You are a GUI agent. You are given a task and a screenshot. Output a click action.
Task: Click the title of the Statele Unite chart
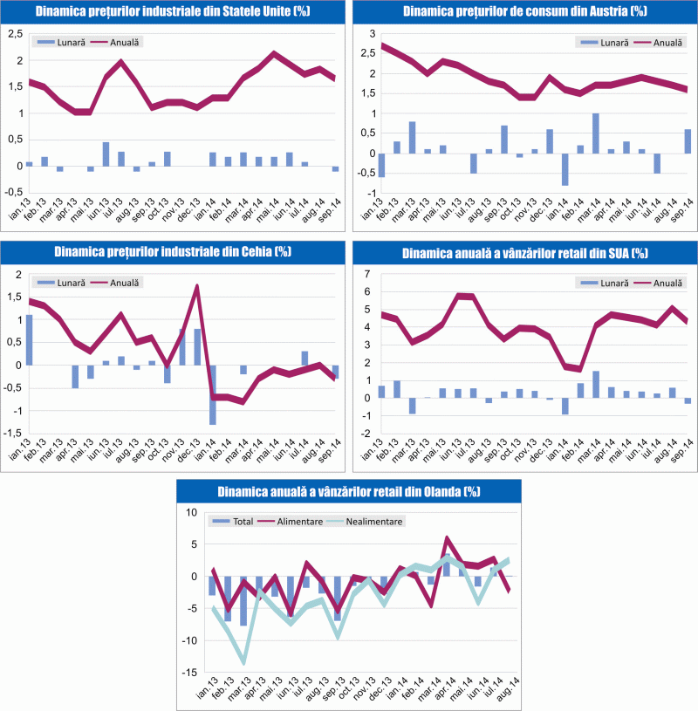point(173,12)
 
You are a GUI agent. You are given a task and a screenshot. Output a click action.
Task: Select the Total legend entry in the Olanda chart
point(233,521)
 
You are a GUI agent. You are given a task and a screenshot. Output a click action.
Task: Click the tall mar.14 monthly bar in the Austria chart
point(595,133)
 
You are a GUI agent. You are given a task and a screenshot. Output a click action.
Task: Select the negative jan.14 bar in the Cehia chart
point(212,394)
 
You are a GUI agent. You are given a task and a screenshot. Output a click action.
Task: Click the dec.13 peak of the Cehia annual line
point(197,286)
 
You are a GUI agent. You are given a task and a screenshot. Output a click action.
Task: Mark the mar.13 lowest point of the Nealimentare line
point(244,662)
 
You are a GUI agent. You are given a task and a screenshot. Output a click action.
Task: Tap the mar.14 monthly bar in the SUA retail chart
point(595,385)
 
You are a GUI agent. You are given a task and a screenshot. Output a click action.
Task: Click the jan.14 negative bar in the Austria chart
point(565,169)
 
